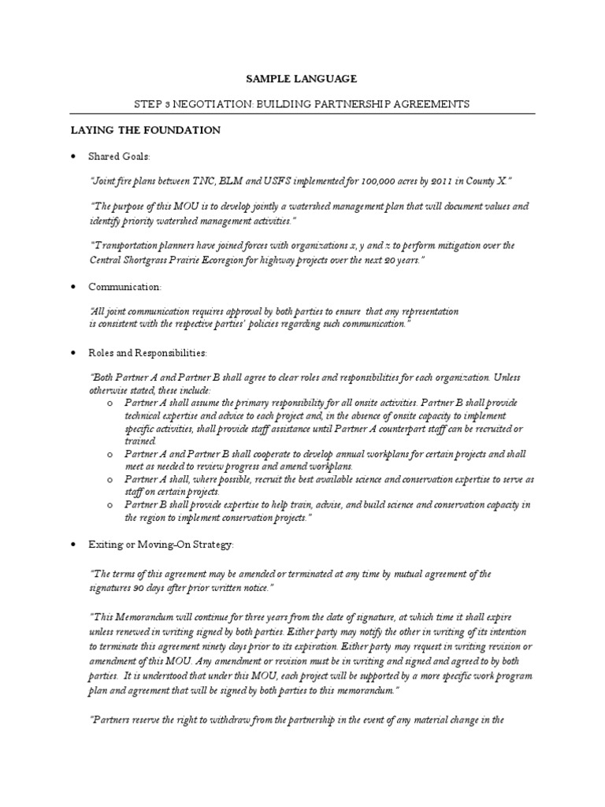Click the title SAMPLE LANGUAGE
coord(302,79)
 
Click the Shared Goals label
coord(119,156)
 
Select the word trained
coord(140,441)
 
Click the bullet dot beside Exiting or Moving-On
coord(73,545)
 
